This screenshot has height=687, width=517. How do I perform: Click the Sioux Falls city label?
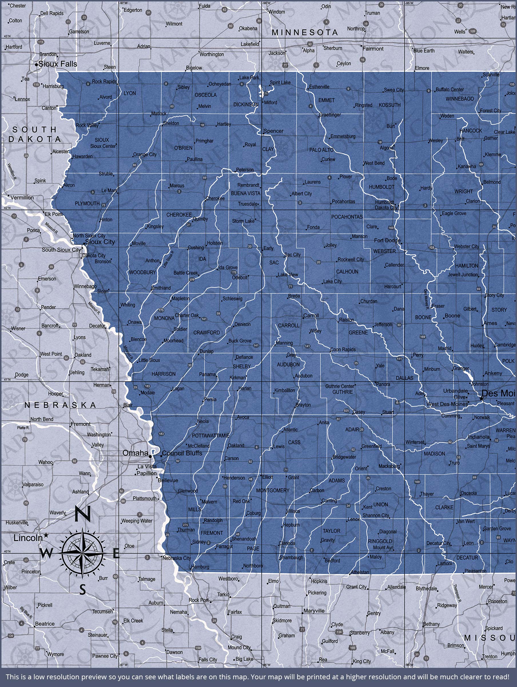click(58, 64)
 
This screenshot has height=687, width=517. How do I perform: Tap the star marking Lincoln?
click(46, 535)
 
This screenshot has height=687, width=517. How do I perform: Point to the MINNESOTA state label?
click(305, 32)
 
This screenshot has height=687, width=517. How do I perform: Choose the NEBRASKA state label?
click(61, 405)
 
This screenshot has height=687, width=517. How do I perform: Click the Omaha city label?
click(135, 453)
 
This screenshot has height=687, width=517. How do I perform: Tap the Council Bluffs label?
click(182, 453)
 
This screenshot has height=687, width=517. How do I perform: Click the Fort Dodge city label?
click(387, 240)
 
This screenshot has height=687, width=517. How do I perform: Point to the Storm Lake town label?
click(243, 221)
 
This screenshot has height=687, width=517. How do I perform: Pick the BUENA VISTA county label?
click(245, 193)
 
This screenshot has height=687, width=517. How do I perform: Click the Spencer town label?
click(273, 131)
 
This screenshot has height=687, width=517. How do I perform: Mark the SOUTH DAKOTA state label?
click(34, 134)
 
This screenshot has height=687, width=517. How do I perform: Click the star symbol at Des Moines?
click(481, 398)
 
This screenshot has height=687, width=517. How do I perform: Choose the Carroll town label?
click(311, 315)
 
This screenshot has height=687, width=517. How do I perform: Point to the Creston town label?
click(383, 489)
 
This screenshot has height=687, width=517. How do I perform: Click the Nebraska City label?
click(176, 558)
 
